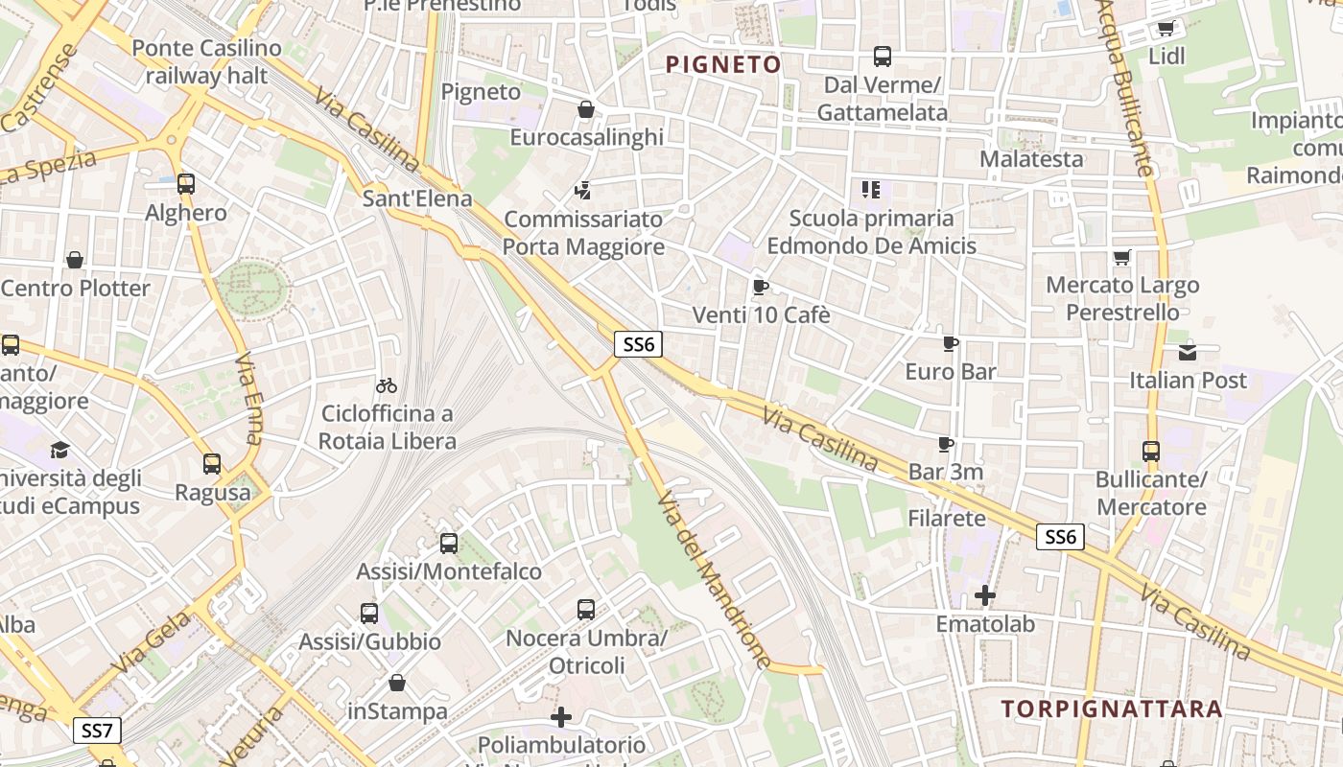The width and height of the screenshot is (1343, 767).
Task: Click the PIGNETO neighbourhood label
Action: point(723,64)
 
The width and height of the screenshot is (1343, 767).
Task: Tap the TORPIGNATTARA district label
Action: point(1112,709)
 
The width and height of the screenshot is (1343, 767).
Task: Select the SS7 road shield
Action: point(97,731)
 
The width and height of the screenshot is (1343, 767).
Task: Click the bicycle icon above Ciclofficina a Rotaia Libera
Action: point(387,385)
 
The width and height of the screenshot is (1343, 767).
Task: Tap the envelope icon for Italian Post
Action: point(1188,352)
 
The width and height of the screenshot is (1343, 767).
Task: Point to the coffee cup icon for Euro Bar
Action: point(951,343)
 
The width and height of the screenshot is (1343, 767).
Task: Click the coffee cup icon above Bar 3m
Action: point(946,444)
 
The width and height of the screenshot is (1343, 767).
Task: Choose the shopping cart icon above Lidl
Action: point(1166,28)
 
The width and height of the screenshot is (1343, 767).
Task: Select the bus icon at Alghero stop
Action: point(186,183)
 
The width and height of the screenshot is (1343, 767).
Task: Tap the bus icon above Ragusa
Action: point(212,464)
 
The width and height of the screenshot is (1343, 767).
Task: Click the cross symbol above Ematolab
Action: point(985,595)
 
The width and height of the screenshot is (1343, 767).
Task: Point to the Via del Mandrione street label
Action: point(715,580)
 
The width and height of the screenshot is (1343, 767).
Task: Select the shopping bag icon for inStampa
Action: point(397,683)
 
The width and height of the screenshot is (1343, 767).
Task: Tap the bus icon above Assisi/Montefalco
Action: point(448,544)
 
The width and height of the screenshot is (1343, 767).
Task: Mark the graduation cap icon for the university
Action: point(60,450)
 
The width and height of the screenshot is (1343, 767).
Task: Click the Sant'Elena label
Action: point(417,198)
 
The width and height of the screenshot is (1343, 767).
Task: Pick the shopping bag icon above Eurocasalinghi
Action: point(586,109)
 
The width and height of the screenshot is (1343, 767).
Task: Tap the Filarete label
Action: point(947,519)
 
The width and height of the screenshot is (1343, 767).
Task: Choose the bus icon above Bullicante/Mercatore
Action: point(1151,451)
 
